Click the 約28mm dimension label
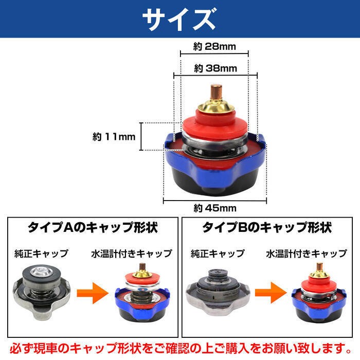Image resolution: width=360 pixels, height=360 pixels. coord(214,47)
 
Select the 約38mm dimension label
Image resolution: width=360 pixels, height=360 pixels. coord(214,68)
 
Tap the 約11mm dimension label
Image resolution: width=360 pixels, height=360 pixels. coord(114,137)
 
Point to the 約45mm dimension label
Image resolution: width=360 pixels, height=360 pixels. coord(215,208)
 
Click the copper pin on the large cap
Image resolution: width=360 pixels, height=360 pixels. coord(215,93)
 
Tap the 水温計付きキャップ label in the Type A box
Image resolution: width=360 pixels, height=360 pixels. coord(131,254)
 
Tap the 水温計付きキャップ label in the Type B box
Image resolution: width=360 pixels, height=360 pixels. coord(306,254)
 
